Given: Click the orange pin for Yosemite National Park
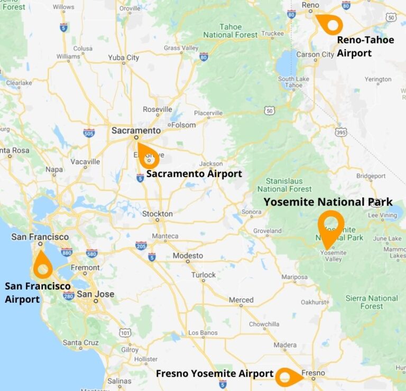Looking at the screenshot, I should pyautogui.click(x=331, y=225).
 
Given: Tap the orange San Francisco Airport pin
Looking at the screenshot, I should pyautogui.click(x=43, y=267).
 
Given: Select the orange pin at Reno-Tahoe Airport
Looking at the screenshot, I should pyautogui.click(x=331, y=24).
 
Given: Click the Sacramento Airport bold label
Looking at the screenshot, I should pyautogui.click(x=194, y=174).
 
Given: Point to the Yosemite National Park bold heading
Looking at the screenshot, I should pyautogui.click(x=328, y=202).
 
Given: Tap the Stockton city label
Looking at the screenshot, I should pyautogui.click(x=157, y=214).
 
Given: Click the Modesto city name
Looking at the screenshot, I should pyautogui.click(x=188, y=256).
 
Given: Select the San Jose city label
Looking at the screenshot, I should pyautogui.click(x=95, y=294).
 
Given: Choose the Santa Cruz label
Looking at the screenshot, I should pyautogui.click(x=80, y=342).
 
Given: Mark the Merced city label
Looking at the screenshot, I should pyautogui.click(x=241, y=300).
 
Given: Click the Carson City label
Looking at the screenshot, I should pyautogui.click(x=315, y=54).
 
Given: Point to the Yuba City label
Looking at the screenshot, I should pyautogui.click(x=123, y=58).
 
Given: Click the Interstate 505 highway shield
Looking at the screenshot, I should pyautogui.click(x=89, y=133).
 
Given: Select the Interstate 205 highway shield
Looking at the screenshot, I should pyautogui.click(x=141, y=245).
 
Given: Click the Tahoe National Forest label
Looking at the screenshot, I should pyautogui.click(x=230, y=31).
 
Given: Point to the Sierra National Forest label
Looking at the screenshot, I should pyautogui.click(x=372, y=302).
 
